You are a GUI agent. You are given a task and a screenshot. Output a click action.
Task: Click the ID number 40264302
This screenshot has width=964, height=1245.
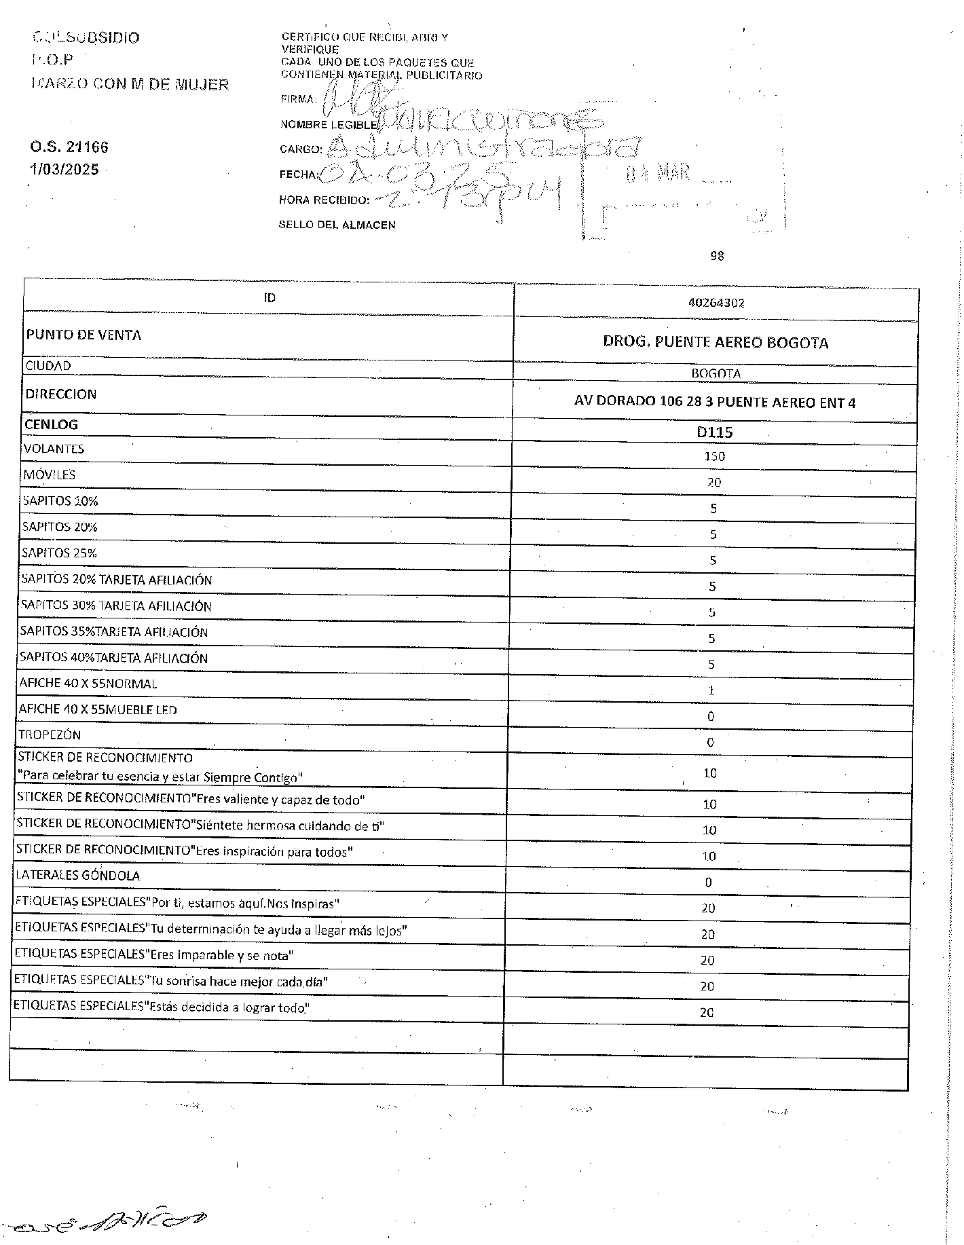(716, 303)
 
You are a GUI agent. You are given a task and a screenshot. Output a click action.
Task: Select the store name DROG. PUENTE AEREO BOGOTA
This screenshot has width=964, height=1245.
(716, 342)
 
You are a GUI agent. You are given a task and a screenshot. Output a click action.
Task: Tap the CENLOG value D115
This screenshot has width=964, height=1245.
(715, 432)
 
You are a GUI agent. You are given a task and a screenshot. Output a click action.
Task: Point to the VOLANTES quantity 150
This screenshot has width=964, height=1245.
(714, 456)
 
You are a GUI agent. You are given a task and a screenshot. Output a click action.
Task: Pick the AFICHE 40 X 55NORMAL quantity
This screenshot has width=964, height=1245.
(711, 690)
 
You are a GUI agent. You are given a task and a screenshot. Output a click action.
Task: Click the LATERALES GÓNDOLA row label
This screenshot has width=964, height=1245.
(79, 875)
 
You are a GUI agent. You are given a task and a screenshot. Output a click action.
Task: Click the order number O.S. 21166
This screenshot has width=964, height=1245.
(69, 147)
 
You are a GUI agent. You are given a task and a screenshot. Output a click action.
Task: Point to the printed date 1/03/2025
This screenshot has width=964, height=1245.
(64, 169)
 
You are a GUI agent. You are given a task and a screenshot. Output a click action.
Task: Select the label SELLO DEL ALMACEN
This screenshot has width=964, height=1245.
(337, 225)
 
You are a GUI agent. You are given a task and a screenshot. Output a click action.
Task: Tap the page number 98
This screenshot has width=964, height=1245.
(717, 256)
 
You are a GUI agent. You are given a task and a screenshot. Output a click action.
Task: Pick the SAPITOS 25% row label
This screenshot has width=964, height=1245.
(60, 553)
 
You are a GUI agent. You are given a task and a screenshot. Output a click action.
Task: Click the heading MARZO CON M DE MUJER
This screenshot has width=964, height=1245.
(130, 85)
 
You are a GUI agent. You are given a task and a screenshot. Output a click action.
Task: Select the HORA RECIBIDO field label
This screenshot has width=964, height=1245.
(324, 200)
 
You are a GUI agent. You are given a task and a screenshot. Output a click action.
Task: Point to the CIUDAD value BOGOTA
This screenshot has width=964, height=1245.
(716, 373)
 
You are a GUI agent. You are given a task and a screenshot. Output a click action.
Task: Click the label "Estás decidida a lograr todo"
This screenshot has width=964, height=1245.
(162, 1007)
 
